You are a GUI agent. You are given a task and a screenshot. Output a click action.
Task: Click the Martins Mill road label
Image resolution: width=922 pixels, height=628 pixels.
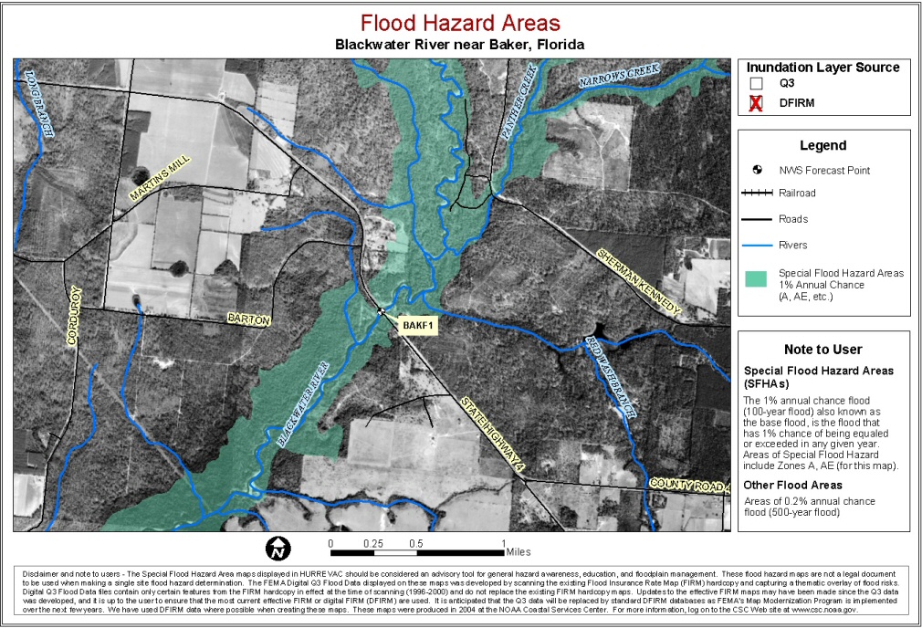pos(160,178)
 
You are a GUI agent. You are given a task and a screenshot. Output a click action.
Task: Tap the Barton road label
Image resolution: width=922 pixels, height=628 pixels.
pos(249,320)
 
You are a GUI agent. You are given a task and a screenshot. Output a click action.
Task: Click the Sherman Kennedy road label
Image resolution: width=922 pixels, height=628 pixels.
pos(638,282)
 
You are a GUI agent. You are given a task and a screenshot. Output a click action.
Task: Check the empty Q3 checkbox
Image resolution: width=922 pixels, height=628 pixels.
pos(756,84)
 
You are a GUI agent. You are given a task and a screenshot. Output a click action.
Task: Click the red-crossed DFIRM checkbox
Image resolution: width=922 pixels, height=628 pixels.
pos(756,103)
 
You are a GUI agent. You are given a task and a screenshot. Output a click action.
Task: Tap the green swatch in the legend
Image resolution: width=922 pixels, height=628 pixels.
pos(756,279)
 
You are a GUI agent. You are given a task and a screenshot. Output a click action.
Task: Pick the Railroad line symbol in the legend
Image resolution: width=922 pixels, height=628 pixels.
pos(756,194)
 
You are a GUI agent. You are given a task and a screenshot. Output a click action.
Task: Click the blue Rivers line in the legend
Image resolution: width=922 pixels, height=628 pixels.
pos(756,245)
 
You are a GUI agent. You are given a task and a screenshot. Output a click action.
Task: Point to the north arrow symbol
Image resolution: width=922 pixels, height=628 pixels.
pos(278,548)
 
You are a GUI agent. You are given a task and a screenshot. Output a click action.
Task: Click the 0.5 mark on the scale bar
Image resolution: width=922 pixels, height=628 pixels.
pos(416,543)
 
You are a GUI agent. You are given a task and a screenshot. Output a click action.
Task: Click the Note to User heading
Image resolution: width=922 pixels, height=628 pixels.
pos(822,349)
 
